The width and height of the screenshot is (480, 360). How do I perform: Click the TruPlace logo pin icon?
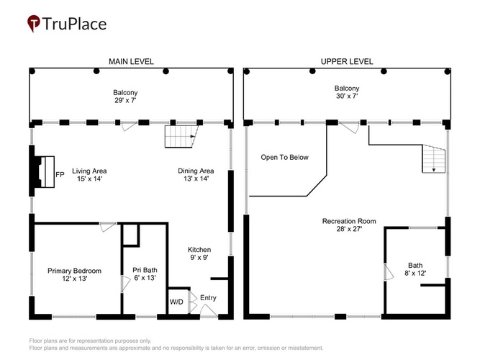33,23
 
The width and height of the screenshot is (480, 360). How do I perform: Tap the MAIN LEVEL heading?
131,62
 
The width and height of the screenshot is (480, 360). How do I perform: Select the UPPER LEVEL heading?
347,62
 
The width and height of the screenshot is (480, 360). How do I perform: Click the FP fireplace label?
60,175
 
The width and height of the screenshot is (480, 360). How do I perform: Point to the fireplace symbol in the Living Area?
44,171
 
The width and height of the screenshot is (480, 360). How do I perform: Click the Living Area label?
89,171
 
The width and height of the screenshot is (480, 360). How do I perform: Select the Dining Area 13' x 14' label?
196,175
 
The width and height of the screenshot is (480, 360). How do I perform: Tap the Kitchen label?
199,250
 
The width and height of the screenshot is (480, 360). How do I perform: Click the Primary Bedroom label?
74,271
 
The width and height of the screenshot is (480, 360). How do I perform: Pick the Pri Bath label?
145,270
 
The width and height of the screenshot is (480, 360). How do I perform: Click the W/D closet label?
176,302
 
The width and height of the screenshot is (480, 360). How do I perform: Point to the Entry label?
208,298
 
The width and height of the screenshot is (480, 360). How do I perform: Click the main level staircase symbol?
181,136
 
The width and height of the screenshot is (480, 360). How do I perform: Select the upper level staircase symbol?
434,159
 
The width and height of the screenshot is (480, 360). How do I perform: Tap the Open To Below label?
285,158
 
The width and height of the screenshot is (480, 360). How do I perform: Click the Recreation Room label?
349,221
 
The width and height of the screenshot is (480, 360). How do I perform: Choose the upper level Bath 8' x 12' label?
415,269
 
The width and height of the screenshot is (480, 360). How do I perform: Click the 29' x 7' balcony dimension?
125,100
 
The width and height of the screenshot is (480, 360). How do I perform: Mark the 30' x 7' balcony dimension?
347,96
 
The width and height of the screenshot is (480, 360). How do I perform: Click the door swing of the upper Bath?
389,272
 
